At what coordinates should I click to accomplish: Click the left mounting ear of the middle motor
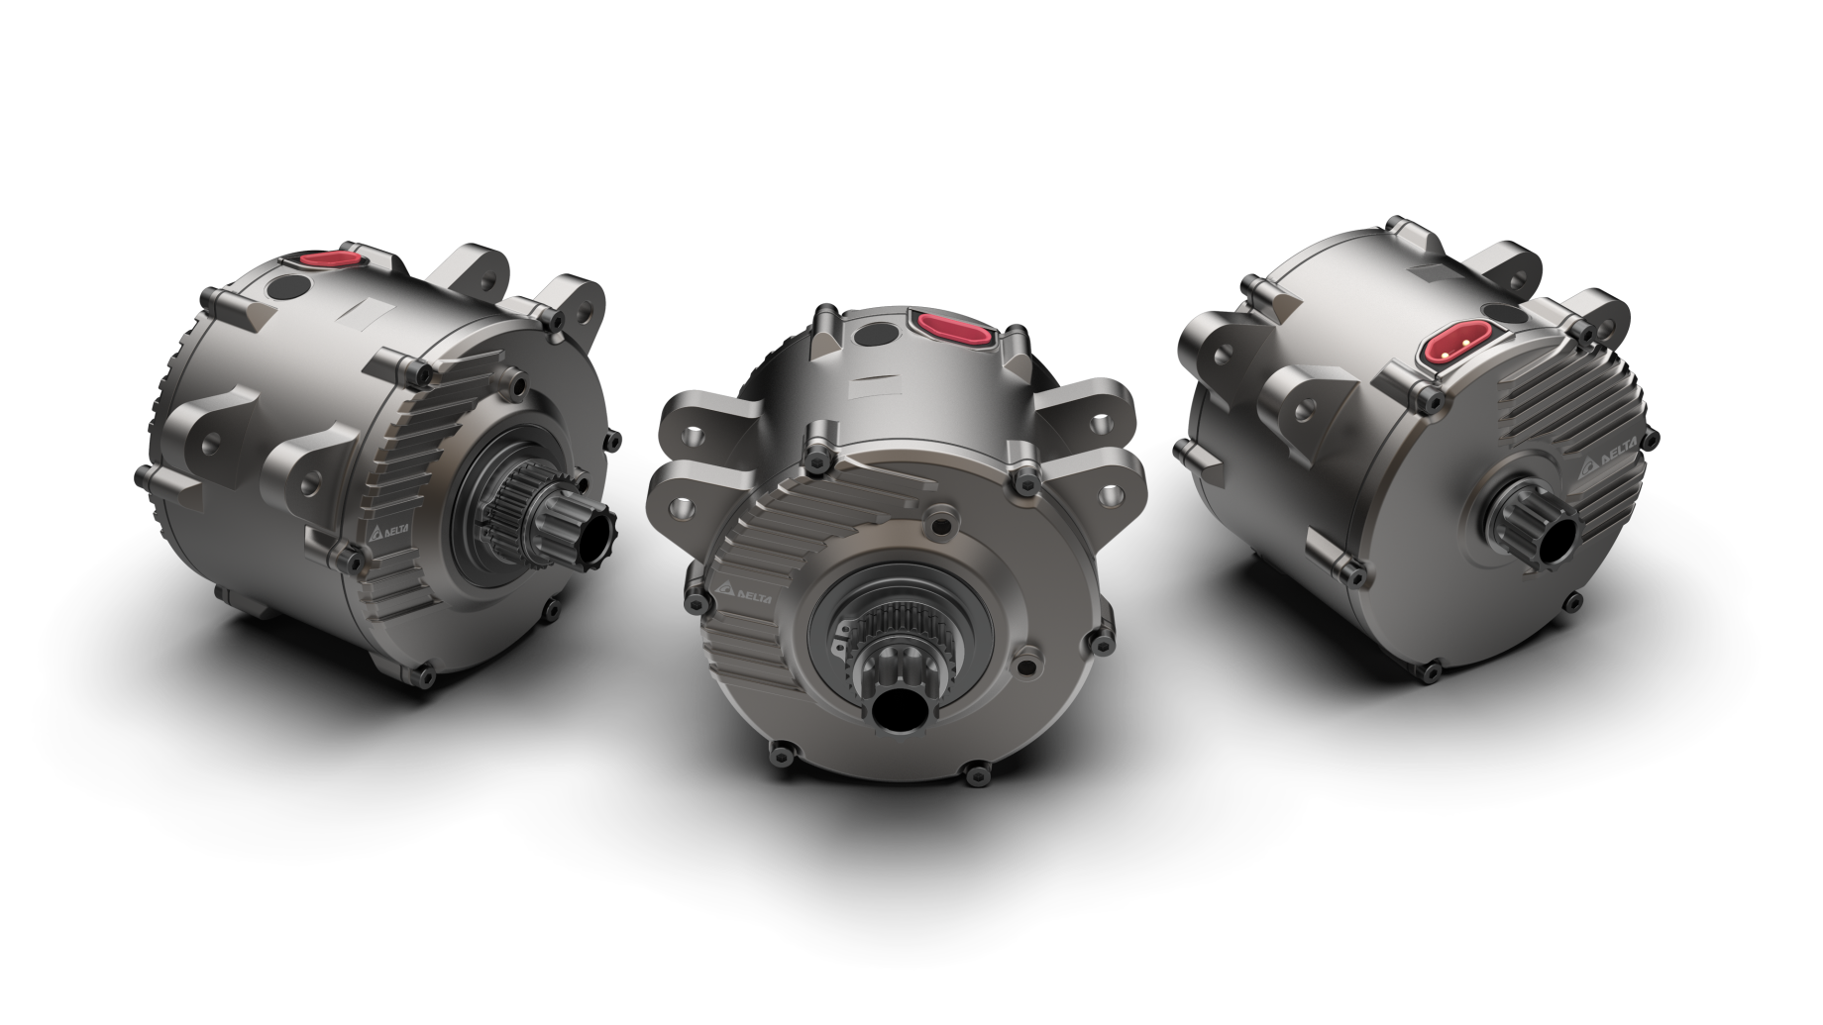tap(694, 436)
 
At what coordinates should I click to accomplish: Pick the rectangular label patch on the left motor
tap(367, 315)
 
